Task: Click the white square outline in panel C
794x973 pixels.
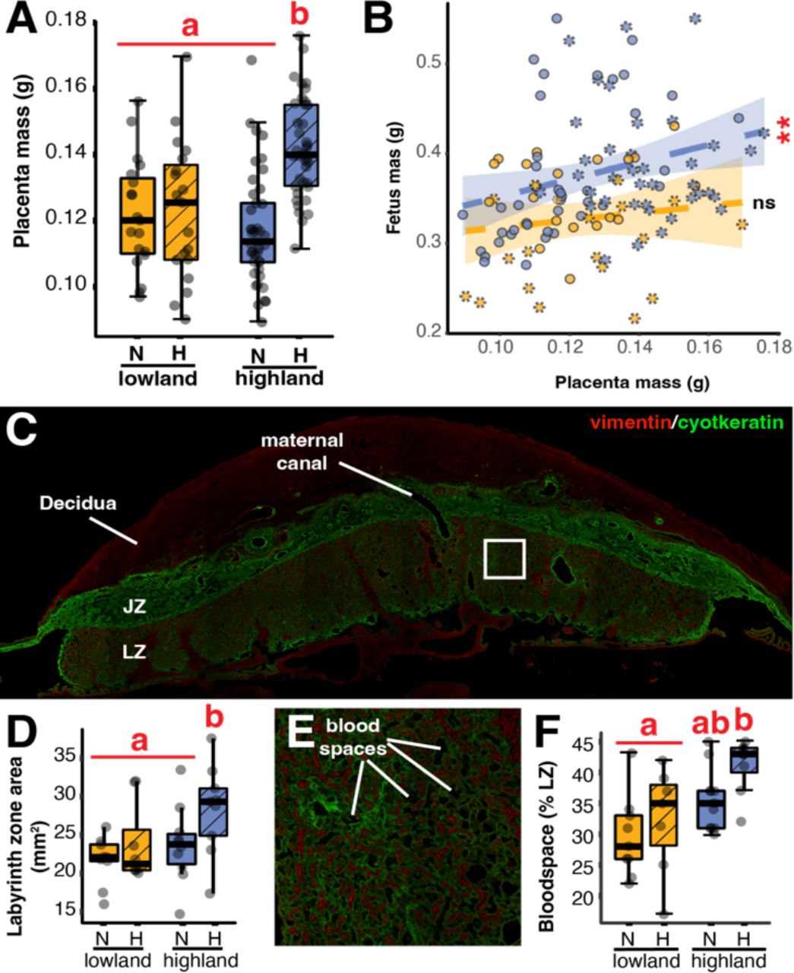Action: (505, 559)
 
